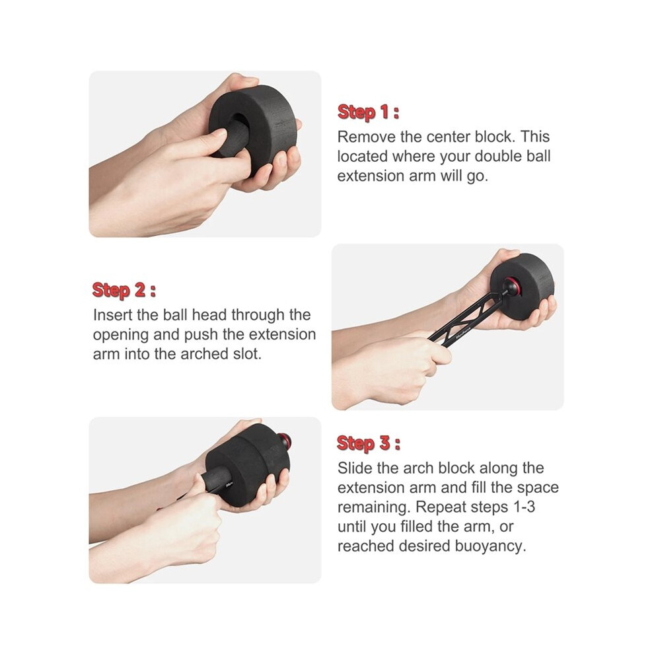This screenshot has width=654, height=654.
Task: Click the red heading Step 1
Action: click(368, 112)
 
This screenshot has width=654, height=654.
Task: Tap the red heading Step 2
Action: click(124, 290)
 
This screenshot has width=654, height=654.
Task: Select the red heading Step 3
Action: click(369, 443)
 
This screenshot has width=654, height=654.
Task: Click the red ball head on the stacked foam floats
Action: click(285, 439)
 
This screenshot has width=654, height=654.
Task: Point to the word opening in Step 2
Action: click(121, 335)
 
